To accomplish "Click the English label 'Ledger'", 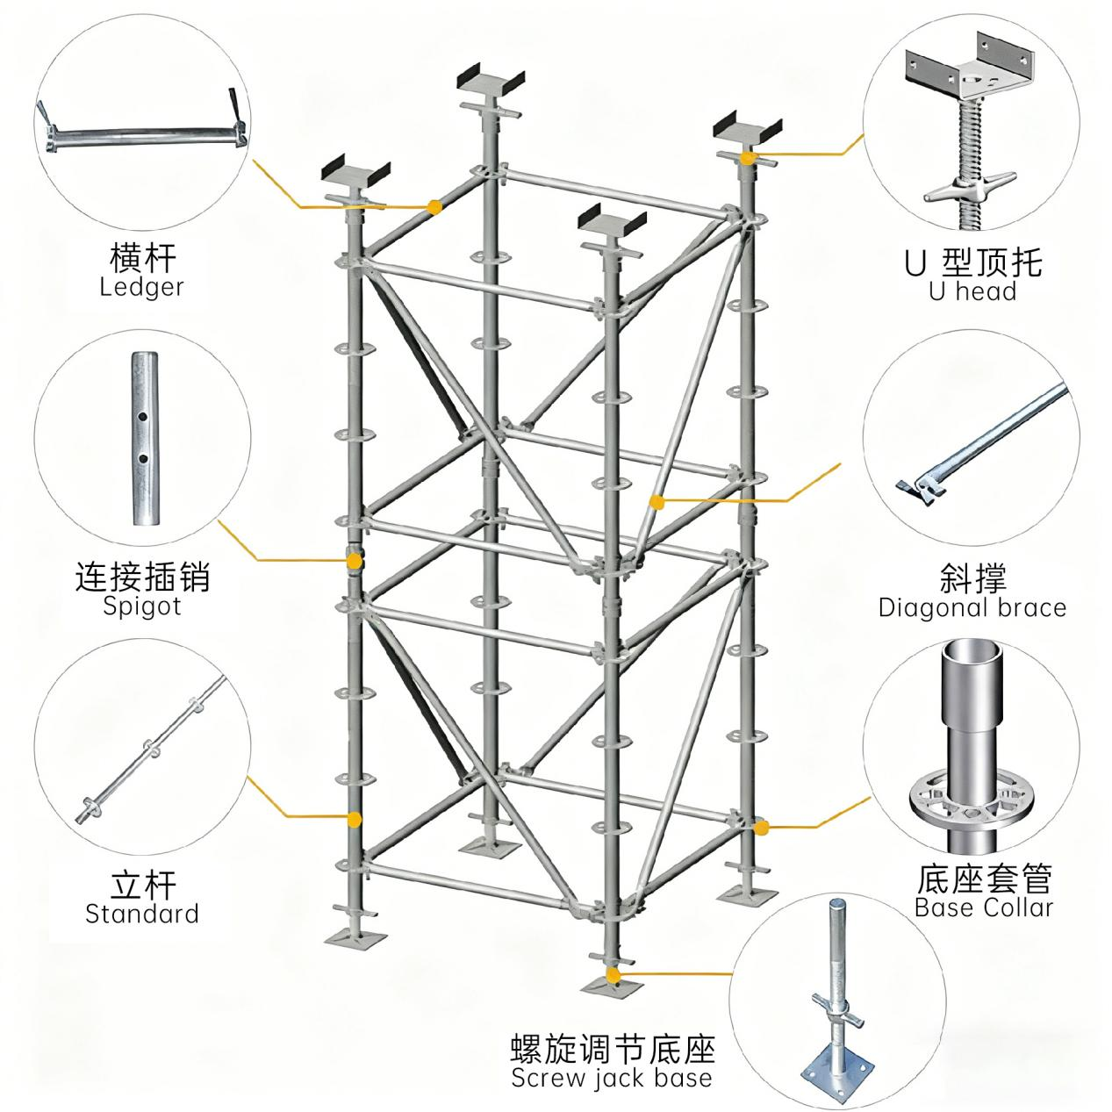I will coord(141,287).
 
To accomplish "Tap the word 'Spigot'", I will coord(141,606).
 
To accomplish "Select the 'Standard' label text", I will coord(141,914).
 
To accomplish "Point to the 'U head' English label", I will coord(972,291).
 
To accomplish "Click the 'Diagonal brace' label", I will coord(972,607).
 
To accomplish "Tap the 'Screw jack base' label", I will coord(612,1077).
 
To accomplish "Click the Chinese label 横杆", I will coord(142,258).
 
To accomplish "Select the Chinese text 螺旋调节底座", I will coord(613,1048).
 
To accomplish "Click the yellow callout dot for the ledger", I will coord(434,207).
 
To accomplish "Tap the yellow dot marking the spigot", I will coord(354,560).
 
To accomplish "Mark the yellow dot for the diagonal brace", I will coord(656,501).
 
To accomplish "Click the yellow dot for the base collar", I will coord(763,827).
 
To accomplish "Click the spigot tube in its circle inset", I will coord(141,438).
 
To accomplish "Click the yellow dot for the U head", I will coord(747,158).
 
